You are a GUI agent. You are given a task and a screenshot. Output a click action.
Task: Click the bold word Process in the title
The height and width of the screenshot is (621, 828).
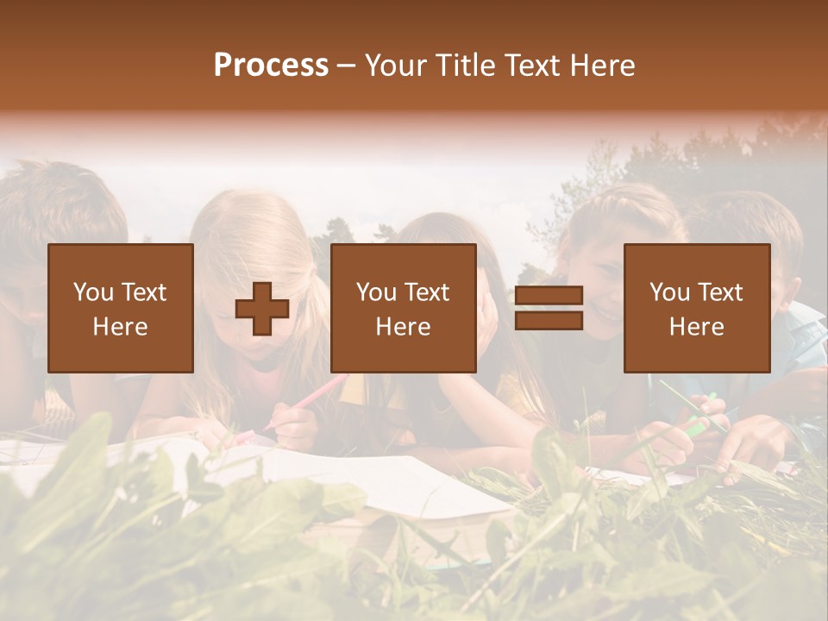point(271,66)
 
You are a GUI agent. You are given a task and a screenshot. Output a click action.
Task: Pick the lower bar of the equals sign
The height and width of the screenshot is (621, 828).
point(549,321)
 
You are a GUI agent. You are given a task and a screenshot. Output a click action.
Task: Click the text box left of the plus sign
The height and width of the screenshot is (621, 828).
point(121,308)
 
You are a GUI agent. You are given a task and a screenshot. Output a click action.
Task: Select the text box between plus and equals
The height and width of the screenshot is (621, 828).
point(404,308)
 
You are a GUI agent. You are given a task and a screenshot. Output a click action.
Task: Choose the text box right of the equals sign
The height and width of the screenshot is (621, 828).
point(697,308)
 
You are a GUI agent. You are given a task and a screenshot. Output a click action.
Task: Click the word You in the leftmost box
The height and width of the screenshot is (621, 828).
point(92,292)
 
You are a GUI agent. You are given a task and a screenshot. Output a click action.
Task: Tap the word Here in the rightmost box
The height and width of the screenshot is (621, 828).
point(697,327)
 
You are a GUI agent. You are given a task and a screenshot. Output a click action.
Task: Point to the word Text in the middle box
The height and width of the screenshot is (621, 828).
point(426,292)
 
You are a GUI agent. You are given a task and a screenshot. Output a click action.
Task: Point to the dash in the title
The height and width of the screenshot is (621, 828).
point(347,66)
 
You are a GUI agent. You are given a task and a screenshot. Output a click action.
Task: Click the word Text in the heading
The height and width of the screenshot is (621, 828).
point(532,66)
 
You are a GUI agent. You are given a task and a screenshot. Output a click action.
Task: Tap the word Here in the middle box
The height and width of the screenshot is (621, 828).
point(404,327)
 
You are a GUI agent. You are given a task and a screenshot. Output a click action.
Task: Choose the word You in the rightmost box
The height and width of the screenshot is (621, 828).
point(669,292)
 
